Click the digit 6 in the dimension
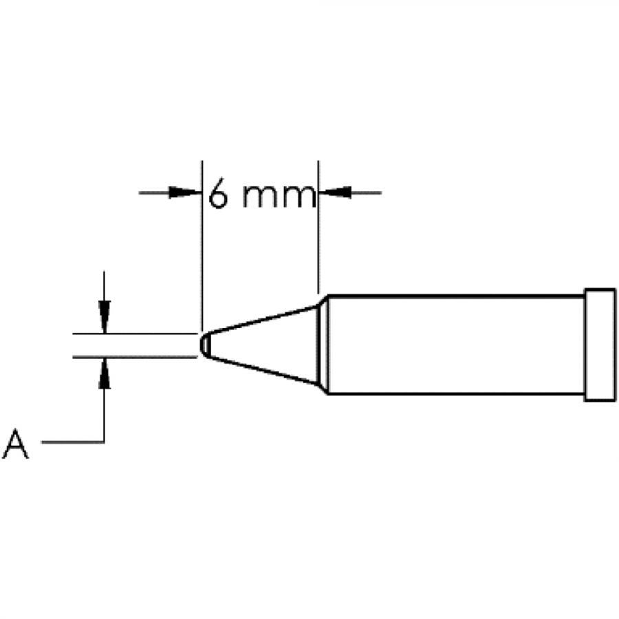(219, 194)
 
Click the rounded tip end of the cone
(203, 345)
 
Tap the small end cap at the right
(599, 345)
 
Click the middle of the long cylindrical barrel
(454, 345)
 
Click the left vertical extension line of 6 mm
(202, 261)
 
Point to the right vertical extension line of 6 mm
(318, 241)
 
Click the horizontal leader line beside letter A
(72, 442)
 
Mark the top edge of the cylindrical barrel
(454, 296)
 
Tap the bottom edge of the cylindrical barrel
(454, 393)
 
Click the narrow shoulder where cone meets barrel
(322, 345)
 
